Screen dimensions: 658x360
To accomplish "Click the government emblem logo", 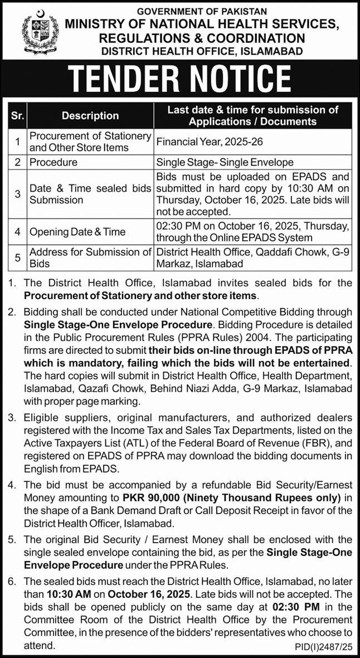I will (40, 32).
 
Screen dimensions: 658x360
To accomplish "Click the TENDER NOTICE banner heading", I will (180, 79).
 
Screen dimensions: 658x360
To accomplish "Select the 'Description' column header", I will (90, 115).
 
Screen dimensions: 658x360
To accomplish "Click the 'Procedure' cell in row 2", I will (53, 162).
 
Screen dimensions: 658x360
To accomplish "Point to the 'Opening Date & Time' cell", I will (77, 231).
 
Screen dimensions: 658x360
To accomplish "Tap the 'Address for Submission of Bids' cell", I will (90, 257).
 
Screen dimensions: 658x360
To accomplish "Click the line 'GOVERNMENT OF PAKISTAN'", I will (202, 11).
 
